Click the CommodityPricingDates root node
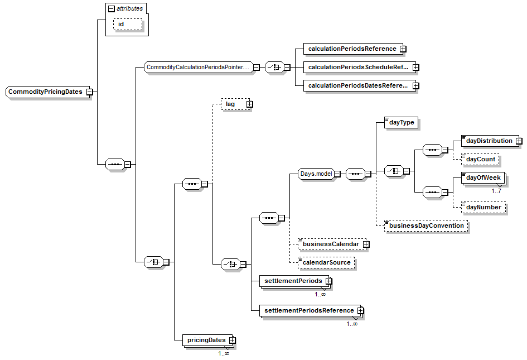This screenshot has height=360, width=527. coord(45,92)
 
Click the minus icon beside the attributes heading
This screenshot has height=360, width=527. coord(111,8)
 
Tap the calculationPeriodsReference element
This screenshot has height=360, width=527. coord(352,49)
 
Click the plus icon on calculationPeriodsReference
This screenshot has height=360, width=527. coord(403,49)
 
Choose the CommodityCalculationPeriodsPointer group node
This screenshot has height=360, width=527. coord(197,68)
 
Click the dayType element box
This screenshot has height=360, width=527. coord(401,122)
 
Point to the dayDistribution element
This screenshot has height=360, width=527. coord(489,141)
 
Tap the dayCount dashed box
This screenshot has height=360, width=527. coord(480,160)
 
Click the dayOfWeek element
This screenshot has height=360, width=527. coord(483,178)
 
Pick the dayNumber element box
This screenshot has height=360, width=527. coord(484,208)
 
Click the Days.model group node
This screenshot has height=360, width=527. coord(316,174)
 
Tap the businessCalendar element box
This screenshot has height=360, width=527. coord(330,244)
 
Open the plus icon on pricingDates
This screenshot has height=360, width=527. coord(233,340)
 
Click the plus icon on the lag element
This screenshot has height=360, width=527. coord(249,104)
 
